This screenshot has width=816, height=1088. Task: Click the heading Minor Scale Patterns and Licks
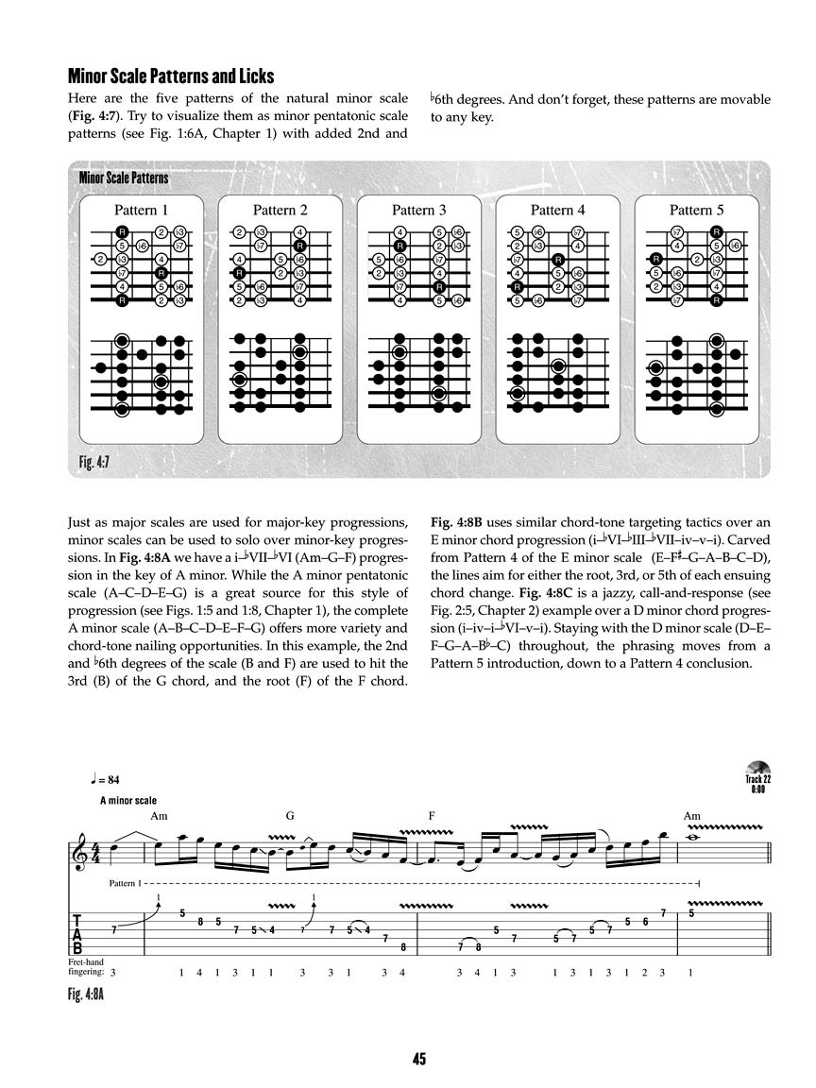(171, 76)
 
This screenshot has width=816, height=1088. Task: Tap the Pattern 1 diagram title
(141, 210)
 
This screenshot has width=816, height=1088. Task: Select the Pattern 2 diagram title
(280, 210)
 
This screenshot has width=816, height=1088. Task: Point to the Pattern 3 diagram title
(418, 210)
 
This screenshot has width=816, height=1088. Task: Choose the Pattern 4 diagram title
(557, 210)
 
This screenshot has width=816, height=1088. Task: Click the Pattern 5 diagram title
(697, 210)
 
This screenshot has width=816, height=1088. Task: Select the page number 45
(418, 1060)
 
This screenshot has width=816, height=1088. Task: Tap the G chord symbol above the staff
(290, 816)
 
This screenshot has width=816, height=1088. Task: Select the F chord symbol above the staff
(431, 816)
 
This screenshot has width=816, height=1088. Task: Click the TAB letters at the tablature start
(76, 932)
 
